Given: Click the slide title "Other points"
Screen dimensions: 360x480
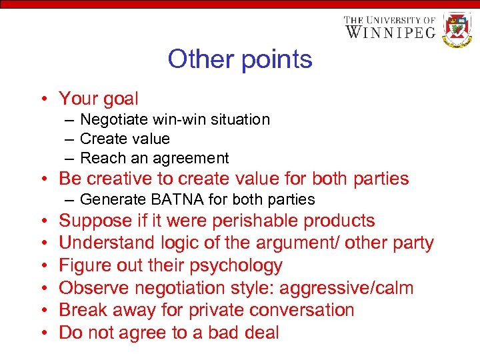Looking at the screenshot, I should [x=240, y=59].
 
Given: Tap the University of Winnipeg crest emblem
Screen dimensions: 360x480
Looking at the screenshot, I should [x=457, y=29].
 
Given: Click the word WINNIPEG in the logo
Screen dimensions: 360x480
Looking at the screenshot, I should [x=390, y=32].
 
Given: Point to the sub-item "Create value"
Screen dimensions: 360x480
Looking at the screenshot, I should [x=125, y=139].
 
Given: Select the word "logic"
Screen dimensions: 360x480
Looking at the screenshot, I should [x=178, y=243].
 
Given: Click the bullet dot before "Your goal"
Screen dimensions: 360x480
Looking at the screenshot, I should [x=42, y=100].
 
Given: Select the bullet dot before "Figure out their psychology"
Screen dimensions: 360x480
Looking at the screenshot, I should [x=42, y=266].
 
